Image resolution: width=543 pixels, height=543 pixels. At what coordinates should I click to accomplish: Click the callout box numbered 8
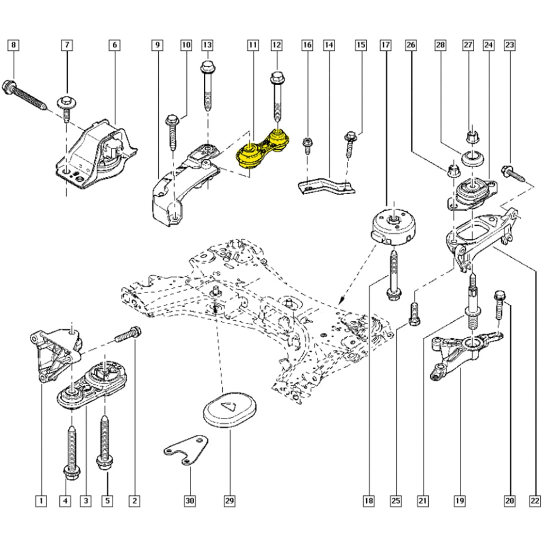[14, 45]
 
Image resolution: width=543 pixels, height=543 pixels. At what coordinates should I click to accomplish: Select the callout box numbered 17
[385, 45]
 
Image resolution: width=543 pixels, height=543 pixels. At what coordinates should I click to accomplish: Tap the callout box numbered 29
[230, 501]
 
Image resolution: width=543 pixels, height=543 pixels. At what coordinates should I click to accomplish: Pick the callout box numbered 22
[535, 501]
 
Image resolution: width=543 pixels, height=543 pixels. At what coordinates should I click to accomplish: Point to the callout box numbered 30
[190, 501]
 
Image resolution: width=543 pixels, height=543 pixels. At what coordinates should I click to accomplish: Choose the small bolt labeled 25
[414, 314]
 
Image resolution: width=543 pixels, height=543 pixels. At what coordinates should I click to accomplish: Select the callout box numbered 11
[253, 45]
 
